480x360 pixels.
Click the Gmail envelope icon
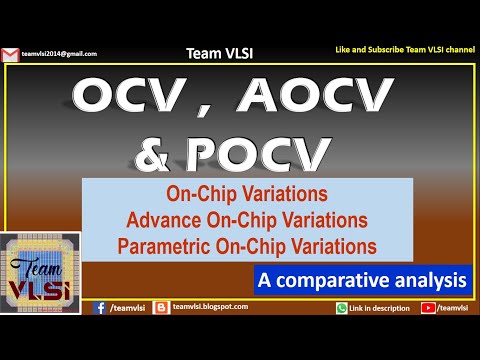[11, 53]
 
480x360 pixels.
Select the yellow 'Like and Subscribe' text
[403, 49]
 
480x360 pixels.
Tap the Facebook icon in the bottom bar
[99, 308]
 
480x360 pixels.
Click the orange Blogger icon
[161, 308]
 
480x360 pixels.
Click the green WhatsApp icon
[341, 308]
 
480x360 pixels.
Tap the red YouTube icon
[429, 308]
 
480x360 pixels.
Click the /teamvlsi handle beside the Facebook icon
[127, 308]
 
